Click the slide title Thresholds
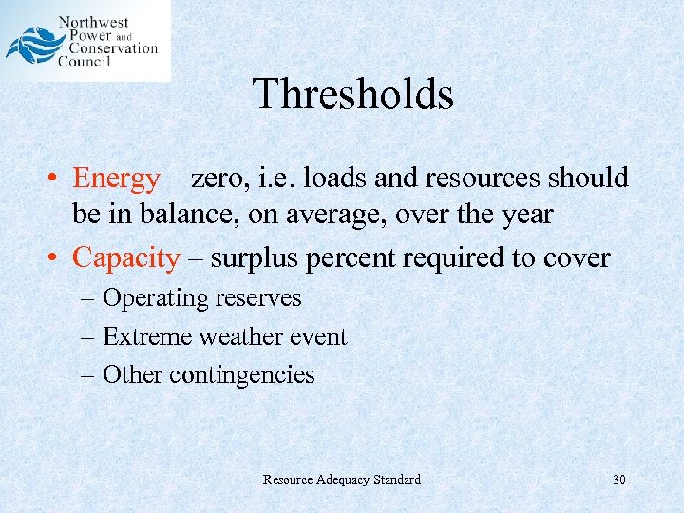point(353,95)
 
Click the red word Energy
point(116,179)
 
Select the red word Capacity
point(125,257)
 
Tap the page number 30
point(618,480)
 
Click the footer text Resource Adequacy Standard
point(341,480)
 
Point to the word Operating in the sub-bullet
point(155,298)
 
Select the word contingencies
point(241,375)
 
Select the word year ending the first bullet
point(523,215)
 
